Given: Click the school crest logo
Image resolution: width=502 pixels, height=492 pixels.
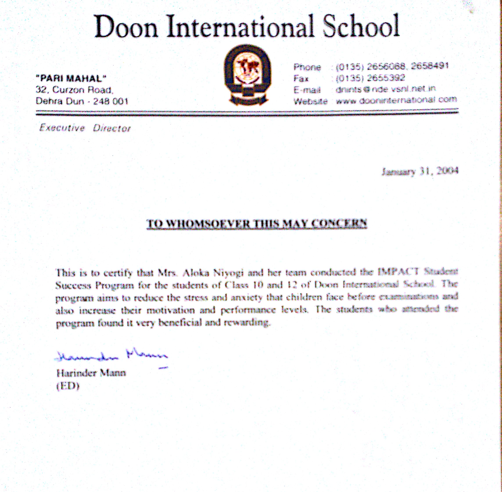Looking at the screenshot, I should click(x=247, y=75).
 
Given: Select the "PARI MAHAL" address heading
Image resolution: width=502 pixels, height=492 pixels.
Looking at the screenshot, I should click(x=71, y=78).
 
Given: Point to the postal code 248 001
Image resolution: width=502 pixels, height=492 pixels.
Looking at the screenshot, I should click(x=111, y=101).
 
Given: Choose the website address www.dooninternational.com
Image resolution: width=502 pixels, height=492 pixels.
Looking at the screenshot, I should click(x=396, y=100).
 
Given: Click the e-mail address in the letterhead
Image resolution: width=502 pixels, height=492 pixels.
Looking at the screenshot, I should click(x=385, y=89).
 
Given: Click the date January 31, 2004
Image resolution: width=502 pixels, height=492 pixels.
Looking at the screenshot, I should click(x=420, y=171).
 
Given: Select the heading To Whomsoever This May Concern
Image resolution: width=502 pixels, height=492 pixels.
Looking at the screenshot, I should click(x=256, y=223).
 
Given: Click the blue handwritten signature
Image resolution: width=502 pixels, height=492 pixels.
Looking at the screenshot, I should click(x=111, y=356).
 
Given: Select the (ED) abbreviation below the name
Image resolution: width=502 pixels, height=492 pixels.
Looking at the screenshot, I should click(x=68, y=386).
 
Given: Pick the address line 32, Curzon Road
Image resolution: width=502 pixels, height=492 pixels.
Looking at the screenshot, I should click(x=74, y=90).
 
